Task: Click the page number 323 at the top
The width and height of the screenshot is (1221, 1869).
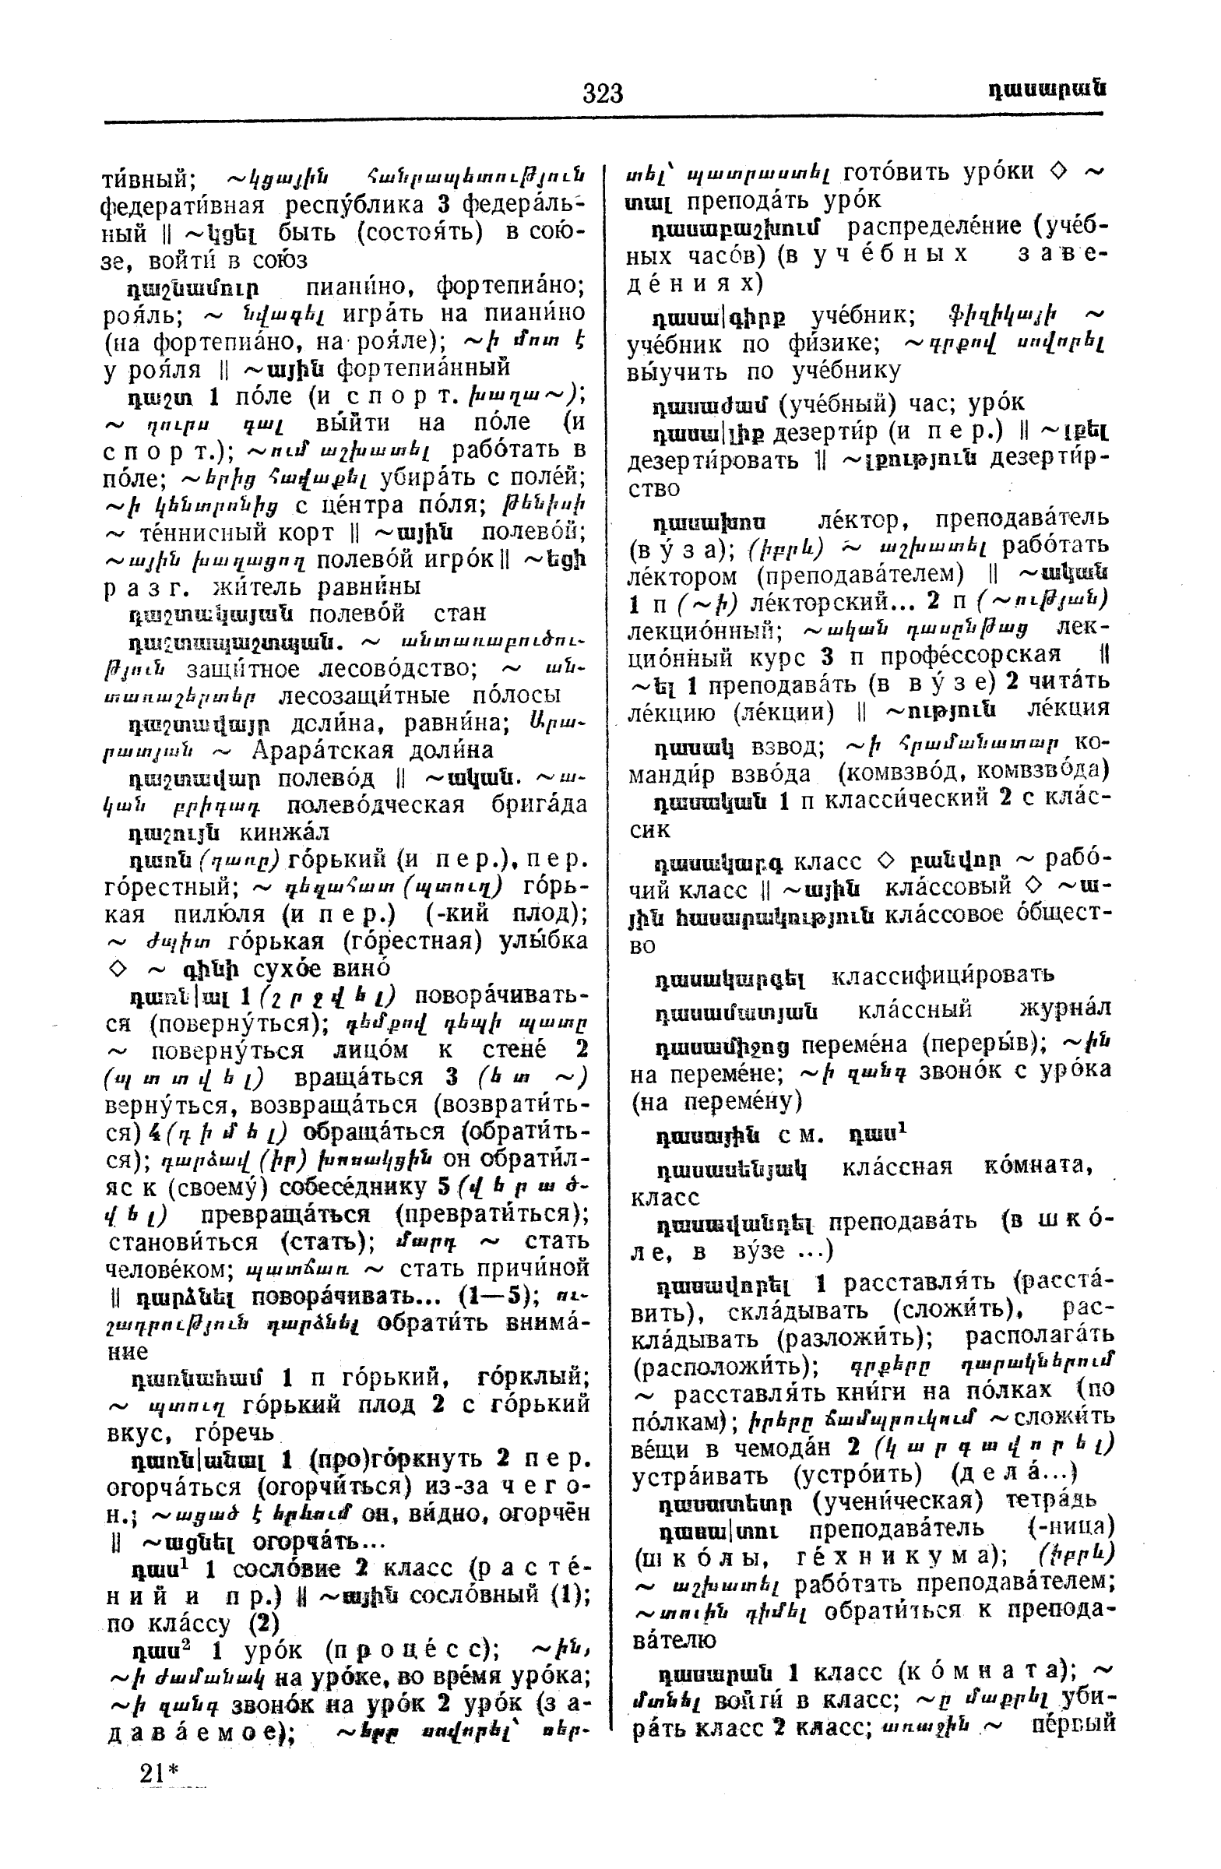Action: [602, 93]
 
